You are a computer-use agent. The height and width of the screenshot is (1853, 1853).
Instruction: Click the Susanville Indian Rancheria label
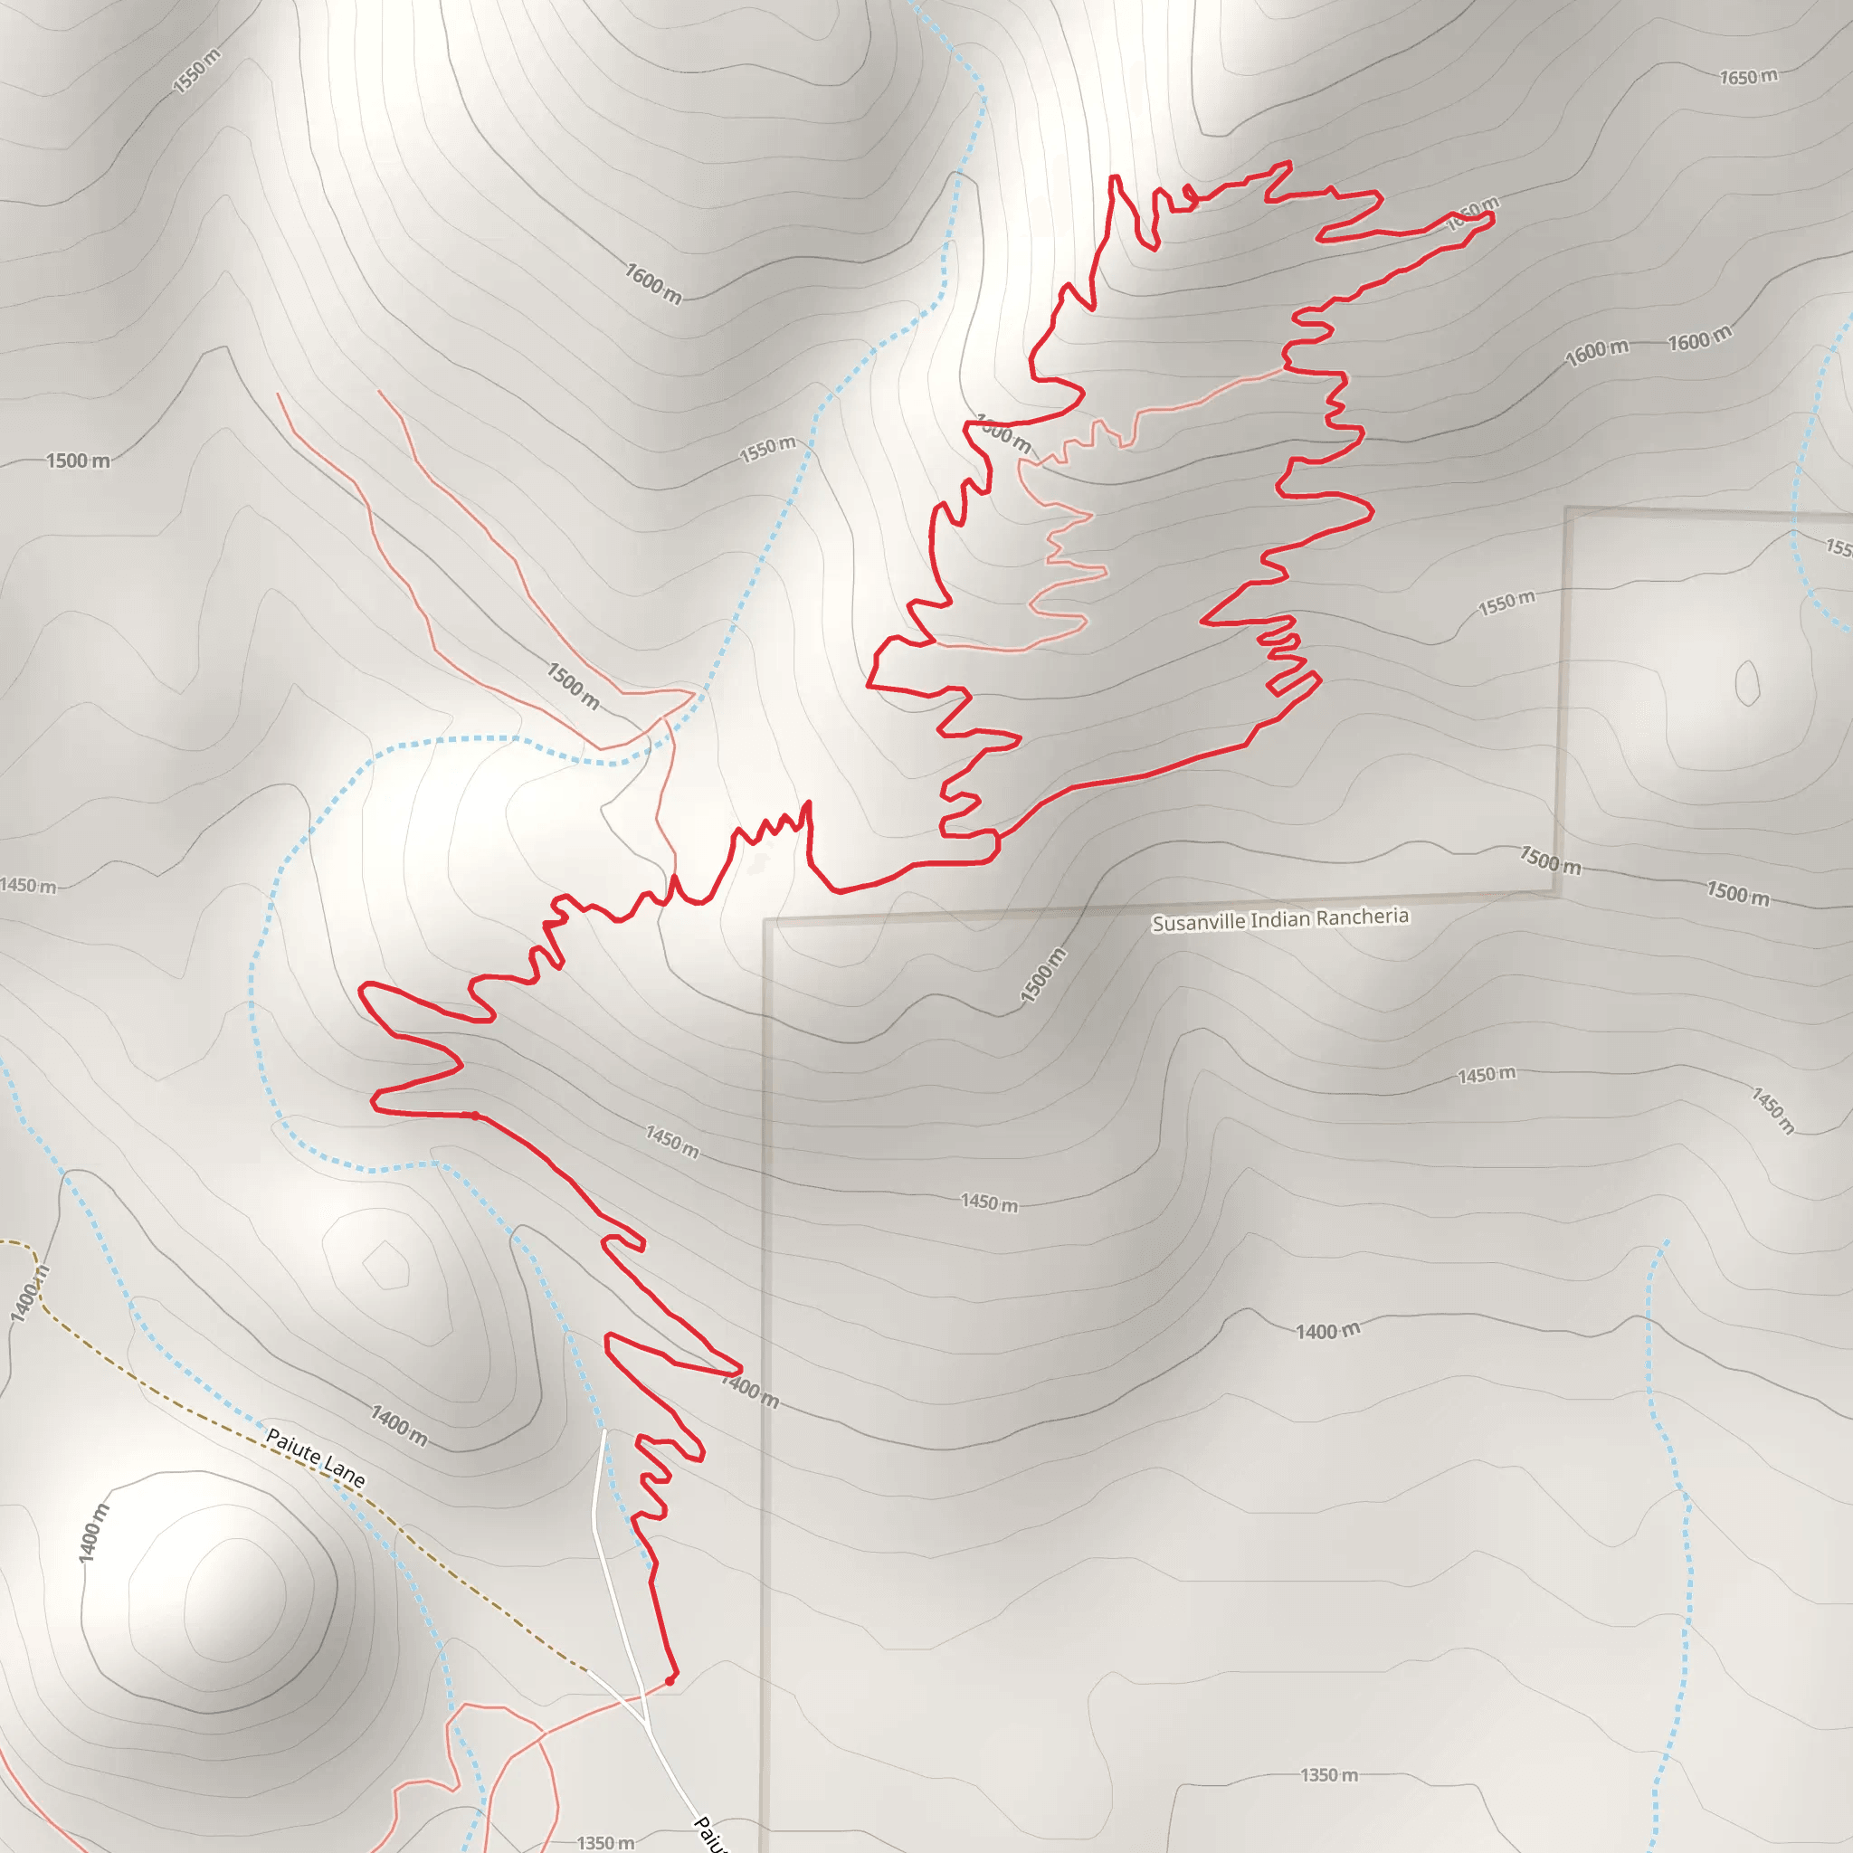(1279, 919)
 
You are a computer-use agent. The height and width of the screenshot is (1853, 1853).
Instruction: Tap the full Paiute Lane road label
(315, 1457)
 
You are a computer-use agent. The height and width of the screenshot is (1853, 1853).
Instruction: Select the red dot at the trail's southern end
(670, 1680)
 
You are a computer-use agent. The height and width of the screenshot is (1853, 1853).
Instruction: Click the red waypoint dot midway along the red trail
(474, 1116)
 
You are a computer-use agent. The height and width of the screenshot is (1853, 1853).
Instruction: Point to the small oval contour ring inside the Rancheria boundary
(1746, 683)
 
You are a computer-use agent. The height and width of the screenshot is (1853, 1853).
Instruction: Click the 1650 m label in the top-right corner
(1747, 77)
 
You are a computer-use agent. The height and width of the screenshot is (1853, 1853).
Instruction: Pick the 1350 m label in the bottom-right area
(1328, 1774)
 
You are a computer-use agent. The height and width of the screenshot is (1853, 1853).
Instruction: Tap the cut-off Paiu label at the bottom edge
(709, 1833)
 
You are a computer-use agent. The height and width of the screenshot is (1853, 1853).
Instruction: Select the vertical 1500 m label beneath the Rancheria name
(1042, 975)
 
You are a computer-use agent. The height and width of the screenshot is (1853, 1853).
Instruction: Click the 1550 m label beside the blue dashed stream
(767, 448)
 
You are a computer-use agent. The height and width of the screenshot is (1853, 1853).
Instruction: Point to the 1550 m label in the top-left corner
(196, 71)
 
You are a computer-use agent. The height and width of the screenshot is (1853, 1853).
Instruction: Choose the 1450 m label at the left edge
(28, 885)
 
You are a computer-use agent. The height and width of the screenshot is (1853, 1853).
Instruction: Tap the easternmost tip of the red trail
(1492, 218)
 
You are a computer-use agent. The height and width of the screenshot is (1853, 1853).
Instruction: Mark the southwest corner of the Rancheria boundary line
(766, 922)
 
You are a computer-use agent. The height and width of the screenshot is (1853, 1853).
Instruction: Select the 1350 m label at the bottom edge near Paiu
(605, 1841)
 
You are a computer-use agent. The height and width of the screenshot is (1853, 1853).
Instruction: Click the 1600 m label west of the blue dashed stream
(653, 283)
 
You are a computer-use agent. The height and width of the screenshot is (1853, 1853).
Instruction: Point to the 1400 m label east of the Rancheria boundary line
(1327, 1330)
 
